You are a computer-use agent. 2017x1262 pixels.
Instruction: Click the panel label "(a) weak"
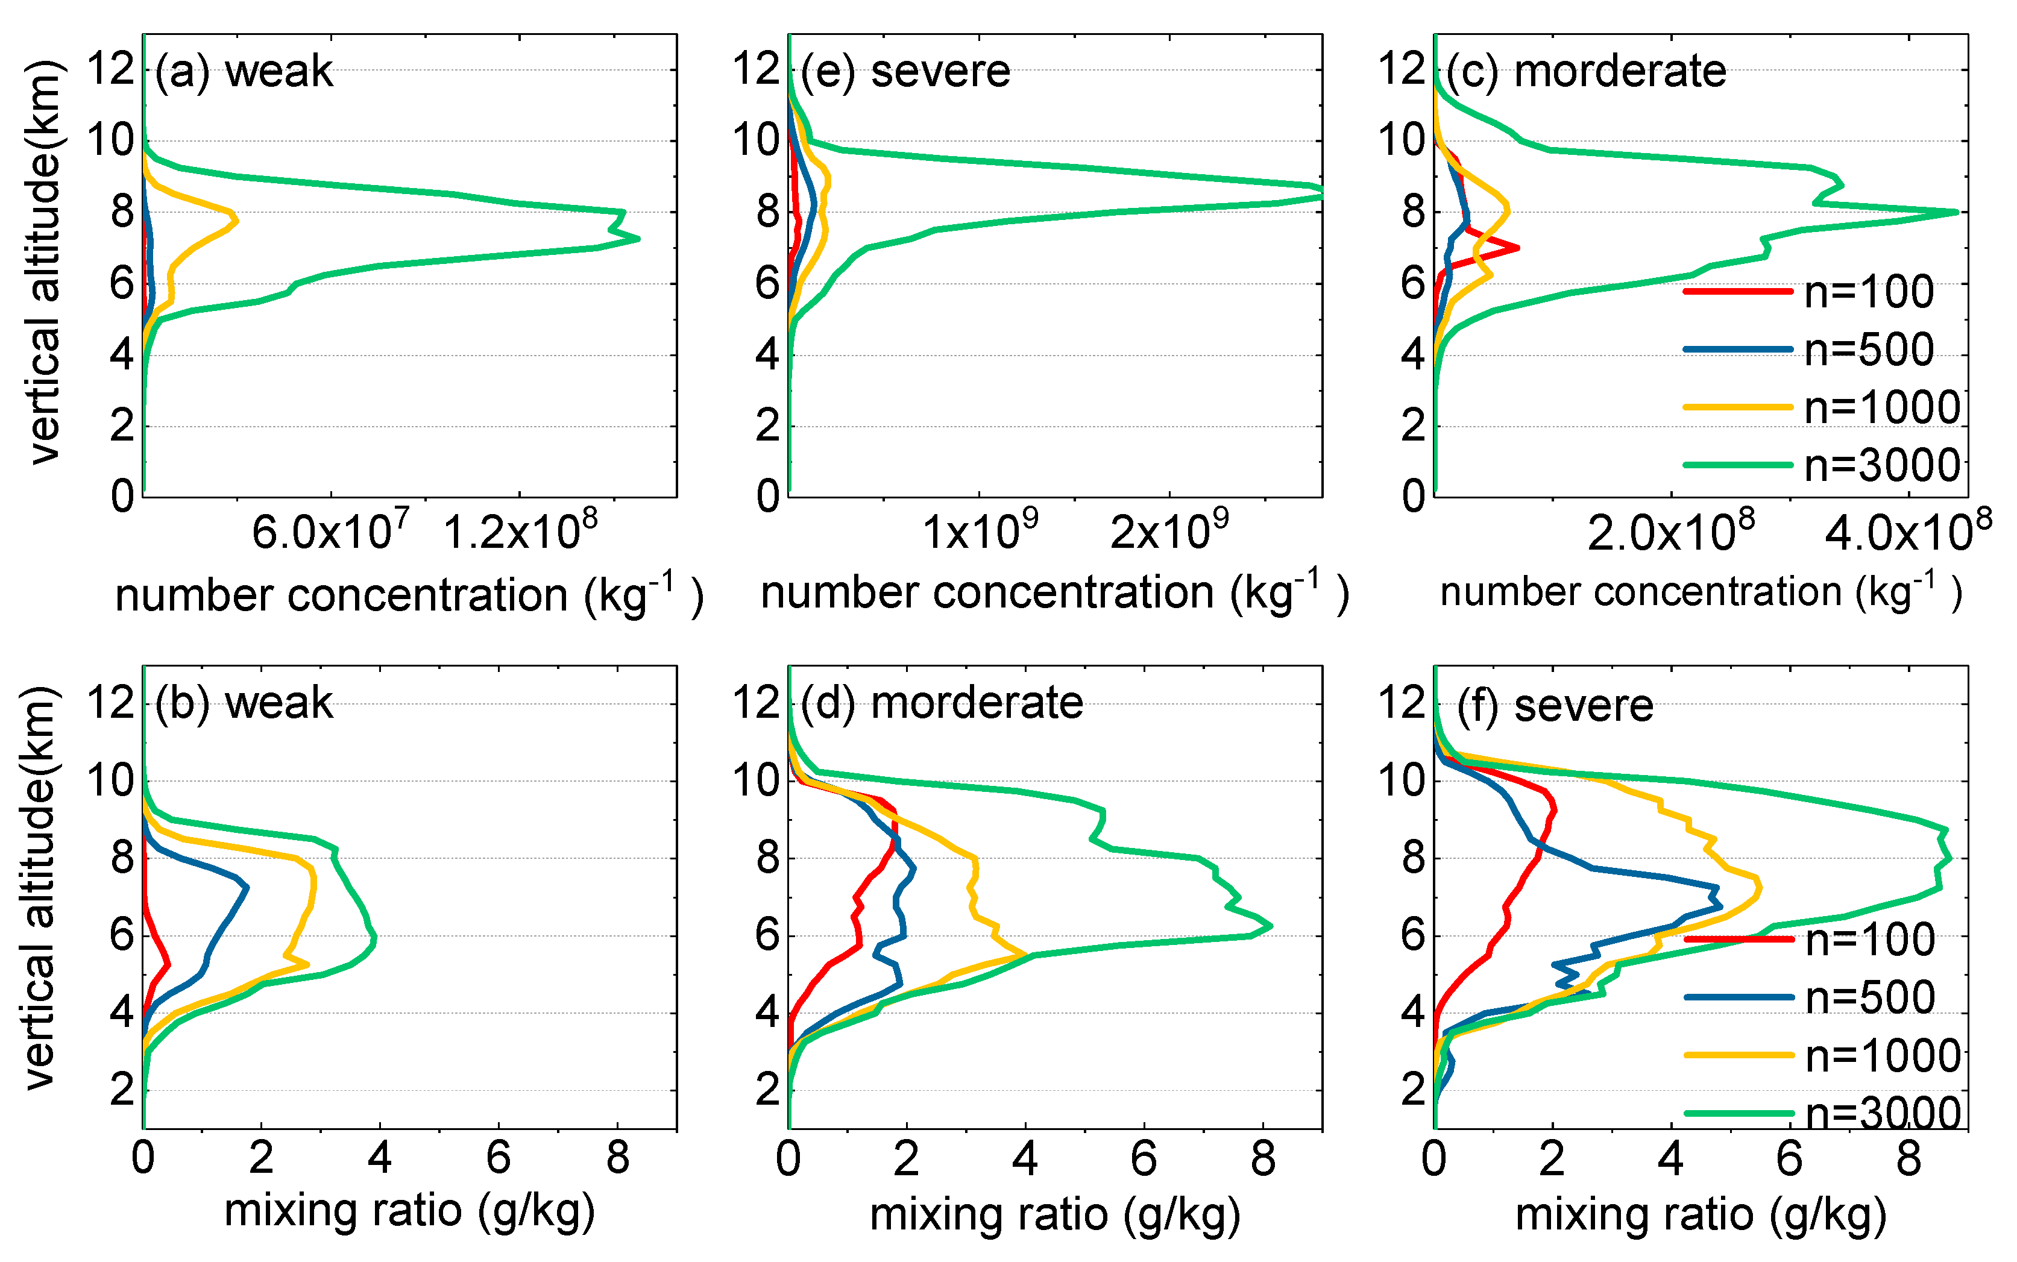click(x=244, y=72)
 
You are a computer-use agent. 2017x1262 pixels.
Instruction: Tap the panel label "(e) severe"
click(x=905, y=72)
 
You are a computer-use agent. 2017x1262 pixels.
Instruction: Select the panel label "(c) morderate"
click(x=1586, y=72)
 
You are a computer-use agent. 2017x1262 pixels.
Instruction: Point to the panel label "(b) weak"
click(x=244, y=703)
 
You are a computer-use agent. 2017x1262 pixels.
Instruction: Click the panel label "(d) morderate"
click(x=942, y=703)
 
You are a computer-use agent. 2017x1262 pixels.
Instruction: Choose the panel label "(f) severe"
click(x=1555, y=707)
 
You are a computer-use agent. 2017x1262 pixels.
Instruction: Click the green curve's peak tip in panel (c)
click(x=1957, y=212)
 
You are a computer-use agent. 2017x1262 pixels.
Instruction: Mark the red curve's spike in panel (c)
click(x=1517, y=248)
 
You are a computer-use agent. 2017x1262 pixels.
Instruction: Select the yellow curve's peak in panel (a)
click(x=236, y=221)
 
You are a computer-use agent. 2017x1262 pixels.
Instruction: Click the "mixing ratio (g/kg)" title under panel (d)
click(x=1056, y=1214)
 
